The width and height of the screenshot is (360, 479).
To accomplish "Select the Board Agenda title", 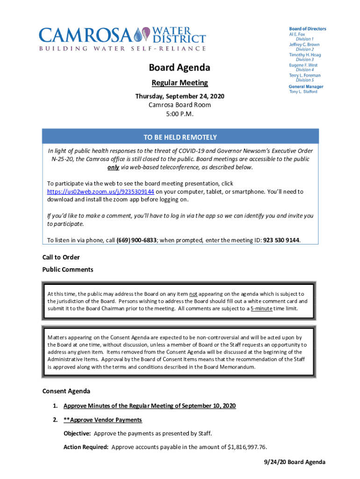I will click(180, 68).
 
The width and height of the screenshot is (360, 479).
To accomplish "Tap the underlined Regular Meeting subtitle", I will click(180, 83).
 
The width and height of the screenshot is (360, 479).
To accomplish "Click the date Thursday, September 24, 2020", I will click(180, 96).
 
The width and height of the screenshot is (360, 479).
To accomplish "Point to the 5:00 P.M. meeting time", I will click(180, 114).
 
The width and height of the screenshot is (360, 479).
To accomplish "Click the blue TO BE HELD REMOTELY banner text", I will click(180, 137).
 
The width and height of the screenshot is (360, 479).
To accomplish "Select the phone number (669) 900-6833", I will click(136, 240).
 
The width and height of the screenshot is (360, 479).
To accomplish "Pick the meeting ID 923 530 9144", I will click(281, 240).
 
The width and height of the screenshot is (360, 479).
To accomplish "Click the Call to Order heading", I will click(61, 257).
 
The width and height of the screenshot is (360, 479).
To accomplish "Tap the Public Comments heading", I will click(68, 269).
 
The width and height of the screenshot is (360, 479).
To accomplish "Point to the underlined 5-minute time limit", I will click(261, 309).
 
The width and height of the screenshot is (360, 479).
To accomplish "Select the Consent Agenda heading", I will click(66, 391).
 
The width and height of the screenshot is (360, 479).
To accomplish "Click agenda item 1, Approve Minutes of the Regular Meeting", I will click(150, 406).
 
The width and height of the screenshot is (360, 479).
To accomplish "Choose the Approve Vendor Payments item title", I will click(102, 420).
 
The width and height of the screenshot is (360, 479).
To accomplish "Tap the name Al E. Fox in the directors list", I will click(297, 34).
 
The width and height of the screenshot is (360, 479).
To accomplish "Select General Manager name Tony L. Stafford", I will click(303, 92).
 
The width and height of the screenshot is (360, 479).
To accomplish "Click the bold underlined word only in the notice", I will click(113, 167).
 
